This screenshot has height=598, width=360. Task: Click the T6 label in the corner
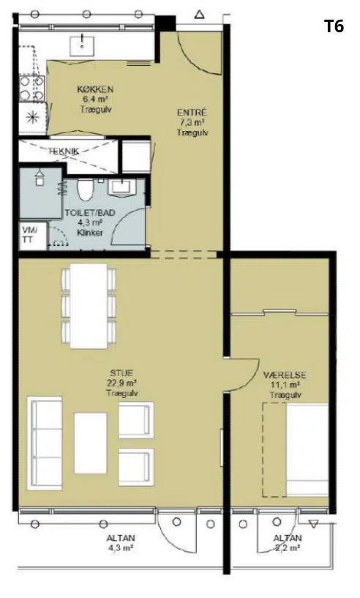[334, 26]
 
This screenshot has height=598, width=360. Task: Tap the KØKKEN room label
[95, 89]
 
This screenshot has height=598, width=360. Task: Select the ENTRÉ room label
[192, 113]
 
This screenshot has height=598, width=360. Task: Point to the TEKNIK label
[64, 151]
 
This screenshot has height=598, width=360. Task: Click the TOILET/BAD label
[90, 213]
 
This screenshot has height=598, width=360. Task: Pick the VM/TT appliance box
[33, 236]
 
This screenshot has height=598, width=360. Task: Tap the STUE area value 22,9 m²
[122, 383]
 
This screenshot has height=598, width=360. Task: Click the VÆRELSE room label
[285, 375]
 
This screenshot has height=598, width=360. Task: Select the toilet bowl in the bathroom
[83, 189]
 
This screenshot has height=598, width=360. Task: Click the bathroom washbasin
[122, 187]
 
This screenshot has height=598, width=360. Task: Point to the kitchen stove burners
[32, 89]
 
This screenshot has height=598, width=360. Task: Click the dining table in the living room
[89, 306]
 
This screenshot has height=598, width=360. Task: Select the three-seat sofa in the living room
[45, 444]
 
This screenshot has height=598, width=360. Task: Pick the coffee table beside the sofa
[91, 443]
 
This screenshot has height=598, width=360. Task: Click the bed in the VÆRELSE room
[307, 450]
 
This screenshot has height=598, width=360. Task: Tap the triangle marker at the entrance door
[200, 15]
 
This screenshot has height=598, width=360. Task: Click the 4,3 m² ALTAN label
[120, 543]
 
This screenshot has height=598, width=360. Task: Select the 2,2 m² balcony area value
[287, 548]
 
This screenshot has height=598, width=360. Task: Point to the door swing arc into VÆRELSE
[252, 380]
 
